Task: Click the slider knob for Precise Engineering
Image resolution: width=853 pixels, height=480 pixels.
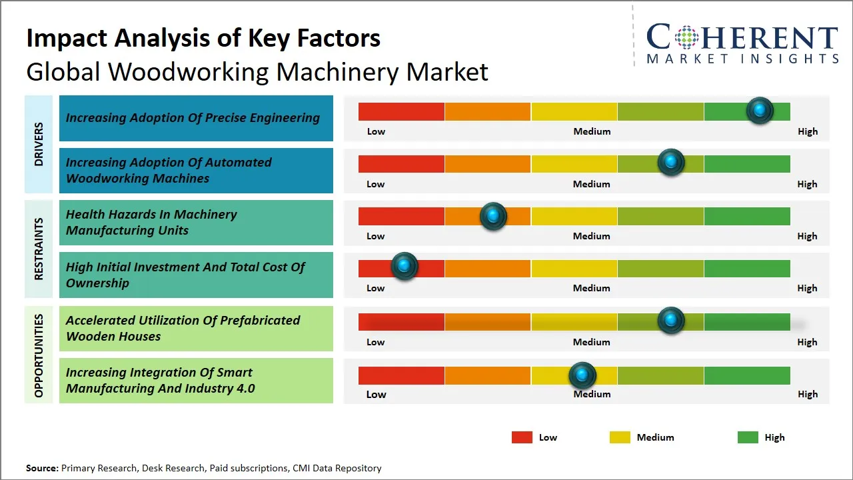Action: tap(760, 111)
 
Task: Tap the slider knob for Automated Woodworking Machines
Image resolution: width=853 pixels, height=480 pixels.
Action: tap(671, 163)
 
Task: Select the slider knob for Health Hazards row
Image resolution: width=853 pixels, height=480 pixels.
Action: tap(493, 216)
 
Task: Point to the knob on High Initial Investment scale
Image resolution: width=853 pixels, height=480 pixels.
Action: tap(404, 267)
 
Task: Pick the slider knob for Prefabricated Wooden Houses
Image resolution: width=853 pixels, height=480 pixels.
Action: tap(671, 321)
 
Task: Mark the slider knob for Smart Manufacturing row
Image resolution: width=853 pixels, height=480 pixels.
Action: tap(582, 376)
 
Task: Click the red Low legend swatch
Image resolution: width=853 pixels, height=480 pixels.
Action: tap(522, 437)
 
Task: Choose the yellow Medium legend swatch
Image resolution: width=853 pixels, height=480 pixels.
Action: tap(620, 437)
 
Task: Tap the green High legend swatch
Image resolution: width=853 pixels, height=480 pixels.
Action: tap(748, 437)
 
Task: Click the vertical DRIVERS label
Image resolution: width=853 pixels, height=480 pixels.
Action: tap(39, 144)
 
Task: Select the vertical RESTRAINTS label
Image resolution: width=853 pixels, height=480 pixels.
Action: tap(39, 249)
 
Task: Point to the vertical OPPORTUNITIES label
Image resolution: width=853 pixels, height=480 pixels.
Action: tap(39, 355)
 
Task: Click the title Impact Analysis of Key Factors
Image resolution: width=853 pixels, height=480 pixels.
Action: tap(203, 39)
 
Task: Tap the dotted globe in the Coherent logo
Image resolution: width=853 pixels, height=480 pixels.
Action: tap(686, 37)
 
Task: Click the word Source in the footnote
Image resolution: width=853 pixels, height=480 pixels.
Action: tap(42, 468)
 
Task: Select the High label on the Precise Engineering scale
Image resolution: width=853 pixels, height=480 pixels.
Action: tap(808, 131)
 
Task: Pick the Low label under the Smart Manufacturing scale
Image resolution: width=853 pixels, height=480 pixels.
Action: tap(376, 394)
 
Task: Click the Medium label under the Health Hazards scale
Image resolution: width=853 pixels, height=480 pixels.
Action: tap(592, 236)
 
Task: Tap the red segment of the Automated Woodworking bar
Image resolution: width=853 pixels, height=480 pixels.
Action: tap(401, 164)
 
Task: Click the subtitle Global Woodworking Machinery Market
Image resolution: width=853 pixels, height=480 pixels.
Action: tap(257, 72)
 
